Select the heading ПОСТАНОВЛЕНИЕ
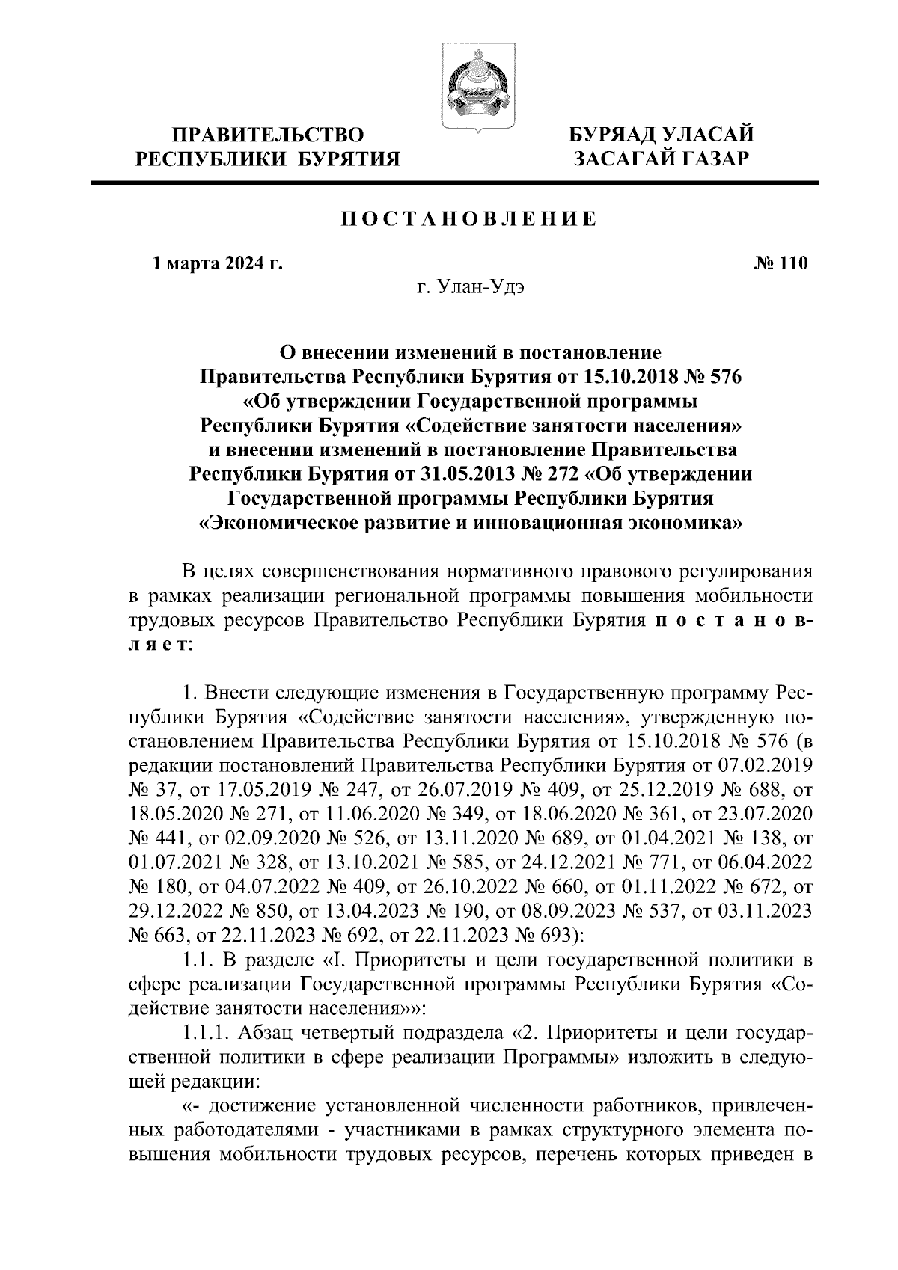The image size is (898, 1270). (469, 219)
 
